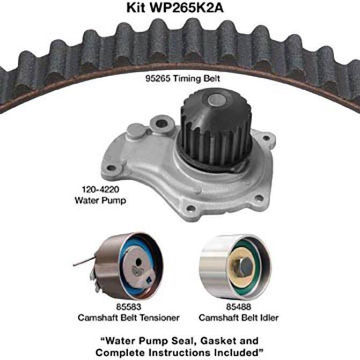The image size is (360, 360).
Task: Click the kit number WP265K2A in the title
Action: click(x=186, y=8)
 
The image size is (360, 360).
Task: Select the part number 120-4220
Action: click(x=100, y=189)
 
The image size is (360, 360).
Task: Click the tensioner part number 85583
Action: click(x=129, y=307)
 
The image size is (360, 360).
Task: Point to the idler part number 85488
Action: click(x=239, y=307)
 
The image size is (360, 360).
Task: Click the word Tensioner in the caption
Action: click(x=160, y=318)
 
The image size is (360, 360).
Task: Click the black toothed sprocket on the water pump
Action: click(x=215, y=129)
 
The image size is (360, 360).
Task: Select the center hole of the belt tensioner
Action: click(x=138, y=262)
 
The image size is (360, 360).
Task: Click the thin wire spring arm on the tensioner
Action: click(x=84, y=262)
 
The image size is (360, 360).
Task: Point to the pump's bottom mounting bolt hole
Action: click(x=190, y=209)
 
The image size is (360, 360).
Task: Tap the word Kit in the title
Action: click(x=136, y=8)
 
